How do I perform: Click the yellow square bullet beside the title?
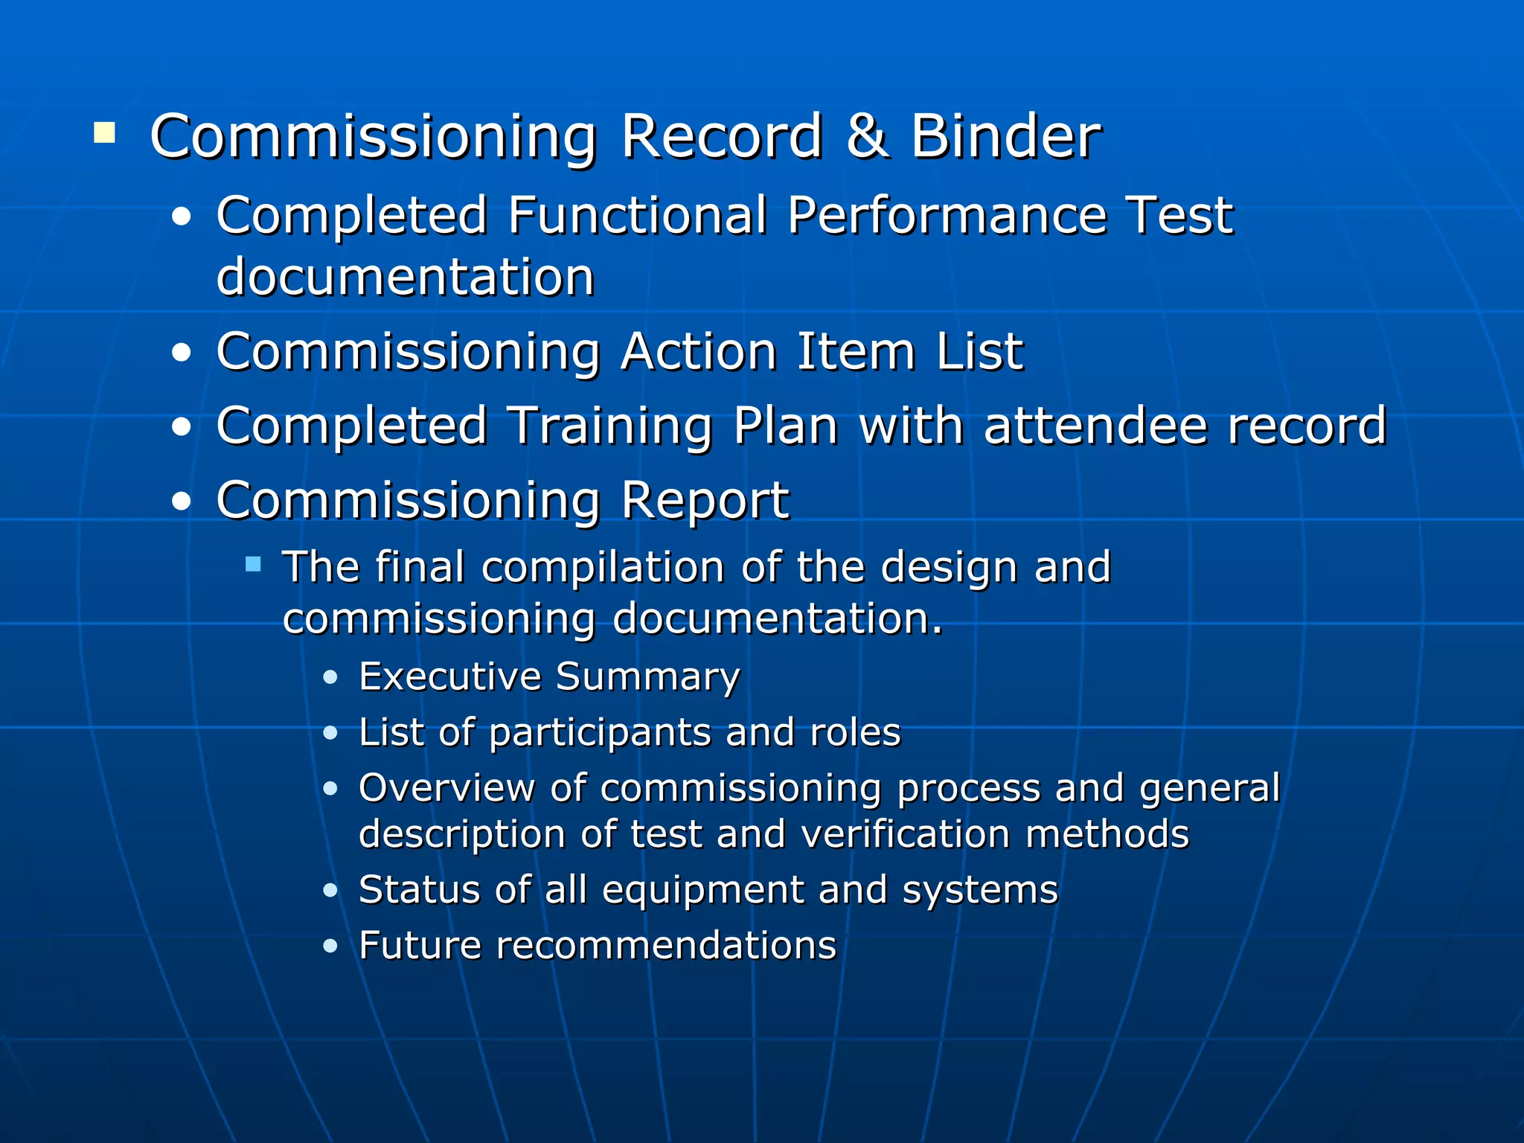click(105, 133)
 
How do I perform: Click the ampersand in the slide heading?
click(867, 137)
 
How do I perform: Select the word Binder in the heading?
click(1005, 137)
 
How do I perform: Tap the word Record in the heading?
click(722, 137)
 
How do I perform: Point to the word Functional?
click(638, 216)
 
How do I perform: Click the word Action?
click(699, 351)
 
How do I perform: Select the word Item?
click(856, 351)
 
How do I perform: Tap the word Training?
click(610, 427)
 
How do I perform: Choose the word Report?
click(705, 500)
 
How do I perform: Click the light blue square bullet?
click(253, 564)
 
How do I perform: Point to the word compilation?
click(603, 569)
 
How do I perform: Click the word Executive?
click(450, 677)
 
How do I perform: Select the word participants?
click(600, 734)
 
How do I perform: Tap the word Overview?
click(446, 788)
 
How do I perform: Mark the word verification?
click(906, 834)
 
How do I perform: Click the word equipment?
click(703, 890)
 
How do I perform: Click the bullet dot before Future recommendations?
click(331, 947)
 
